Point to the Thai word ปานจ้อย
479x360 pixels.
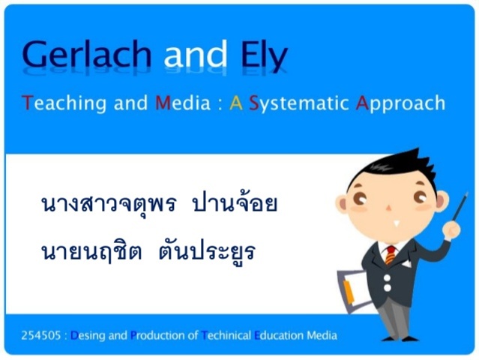pyautogui.click(x=235, y=204)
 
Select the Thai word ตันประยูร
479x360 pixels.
pyautogui.click(x=207, y=251)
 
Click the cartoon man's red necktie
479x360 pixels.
pyautogui.click(x=390, y=255)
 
